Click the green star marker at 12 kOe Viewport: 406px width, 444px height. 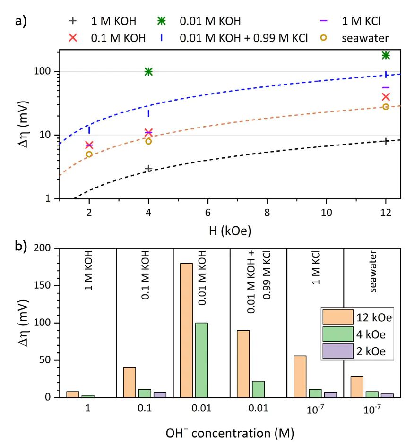coord(386,55)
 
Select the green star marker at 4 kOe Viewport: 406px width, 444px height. coord(148,71)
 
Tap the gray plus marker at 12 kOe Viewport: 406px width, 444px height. coord(386,141)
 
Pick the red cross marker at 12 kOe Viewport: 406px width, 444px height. coord(386,97)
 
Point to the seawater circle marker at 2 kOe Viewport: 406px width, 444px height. coord(89,154)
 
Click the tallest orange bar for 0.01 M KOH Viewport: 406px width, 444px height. coord(186,330)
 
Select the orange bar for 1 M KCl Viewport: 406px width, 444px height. coord(300,376)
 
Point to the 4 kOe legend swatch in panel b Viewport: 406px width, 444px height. coord(337,334)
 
